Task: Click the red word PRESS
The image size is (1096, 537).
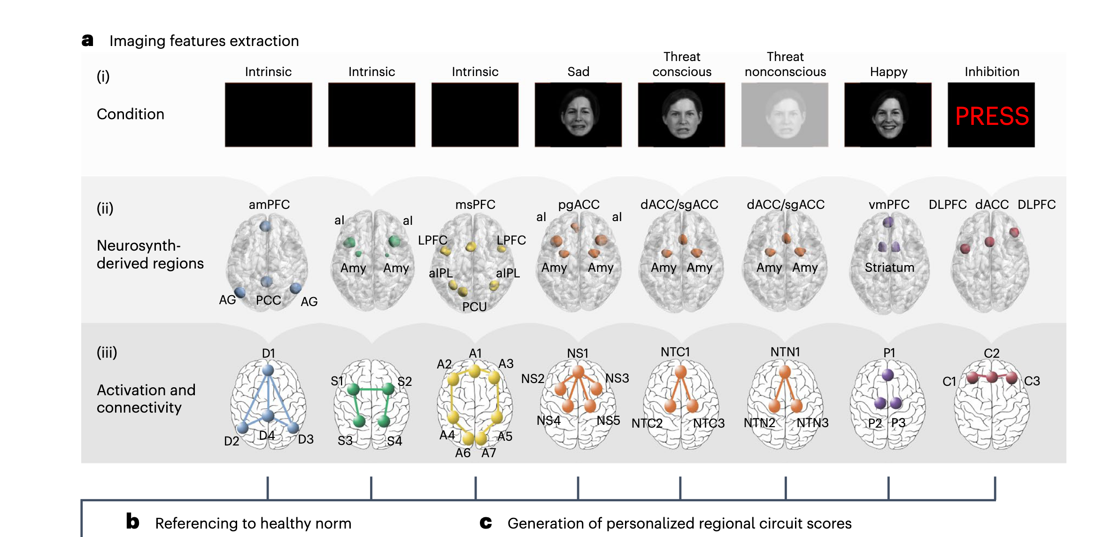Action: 992,116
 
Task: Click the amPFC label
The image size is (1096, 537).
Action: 269,205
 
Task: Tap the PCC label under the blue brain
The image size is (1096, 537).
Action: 268,300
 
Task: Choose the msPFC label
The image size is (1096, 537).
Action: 475,205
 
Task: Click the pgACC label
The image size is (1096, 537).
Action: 579,205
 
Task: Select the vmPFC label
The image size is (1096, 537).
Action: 889,205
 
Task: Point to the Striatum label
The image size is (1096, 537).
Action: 889,268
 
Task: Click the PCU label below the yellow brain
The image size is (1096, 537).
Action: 474,307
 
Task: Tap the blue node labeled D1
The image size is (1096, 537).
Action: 268,370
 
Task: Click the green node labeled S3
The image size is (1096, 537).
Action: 359,421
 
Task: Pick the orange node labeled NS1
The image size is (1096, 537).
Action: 578,372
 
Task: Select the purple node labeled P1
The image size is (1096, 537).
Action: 888,375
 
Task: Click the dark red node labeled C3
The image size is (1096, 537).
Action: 1012,377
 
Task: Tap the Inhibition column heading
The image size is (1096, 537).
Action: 992,72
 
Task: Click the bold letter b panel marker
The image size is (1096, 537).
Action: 132,522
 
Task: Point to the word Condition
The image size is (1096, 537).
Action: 131,114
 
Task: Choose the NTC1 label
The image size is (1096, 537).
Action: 675,352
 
